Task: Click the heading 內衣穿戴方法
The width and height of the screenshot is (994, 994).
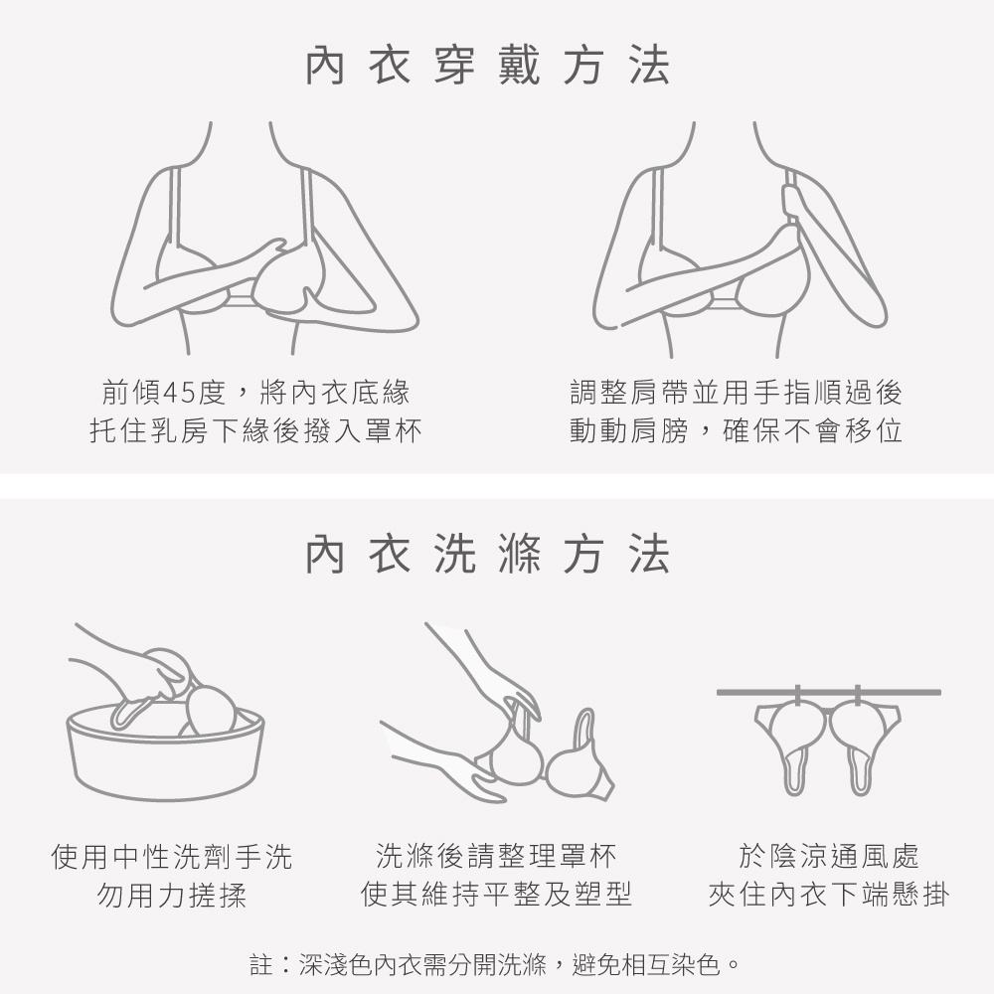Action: click(x=487, y=66)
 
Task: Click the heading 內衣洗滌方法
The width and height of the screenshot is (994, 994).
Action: click(x=487, y=554)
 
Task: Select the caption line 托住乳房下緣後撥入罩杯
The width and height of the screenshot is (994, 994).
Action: click(x=255, y=431)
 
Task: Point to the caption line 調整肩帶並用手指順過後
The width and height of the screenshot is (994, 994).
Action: click(x=736, y=393)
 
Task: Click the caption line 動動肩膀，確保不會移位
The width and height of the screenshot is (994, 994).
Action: click(x=736, y=431)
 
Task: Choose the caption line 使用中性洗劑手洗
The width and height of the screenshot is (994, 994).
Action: click(x=172, y=857)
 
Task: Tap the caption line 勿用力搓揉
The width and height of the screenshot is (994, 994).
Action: click(x=172, y=896)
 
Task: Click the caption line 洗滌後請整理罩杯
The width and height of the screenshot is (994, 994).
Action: click(x=496, y=856)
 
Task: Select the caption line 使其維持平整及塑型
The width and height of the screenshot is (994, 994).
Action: click(x=496, y=895)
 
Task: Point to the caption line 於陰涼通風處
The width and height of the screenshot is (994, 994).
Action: click(x=829, y=856)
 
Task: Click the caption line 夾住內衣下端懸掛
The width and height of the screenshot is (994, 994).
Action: click(x=829, y=895)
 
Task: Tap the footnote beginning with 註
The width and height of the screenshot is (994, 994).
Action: click(x=496, y=965)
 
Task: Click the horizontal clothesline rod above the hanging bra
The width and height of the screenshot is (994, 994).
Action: click(x=829, y=692)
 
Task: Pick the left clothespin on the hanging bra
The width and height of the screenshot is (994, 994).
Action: click(x=797, y=698)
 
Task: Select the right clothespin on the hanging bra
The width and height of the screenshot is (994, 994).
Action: click(x=859, y=698)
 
